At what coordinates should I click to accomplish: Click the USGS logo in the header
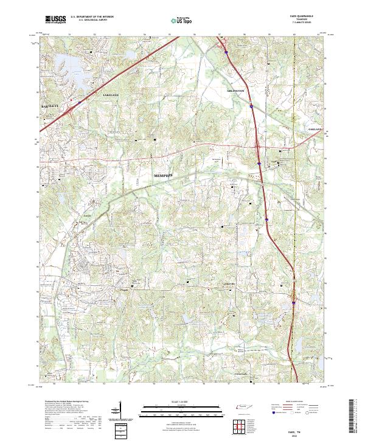click(55, 19)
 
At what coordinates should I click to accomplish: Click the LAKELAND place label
click(110, 95)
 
